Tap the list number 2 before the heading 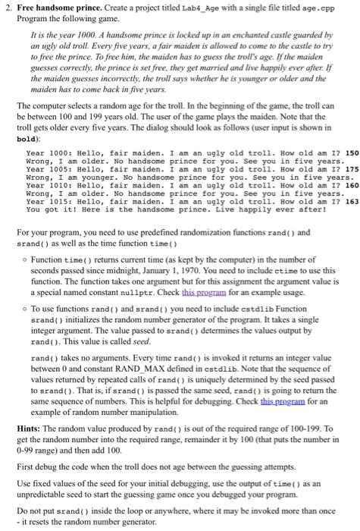pos(7,8)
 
